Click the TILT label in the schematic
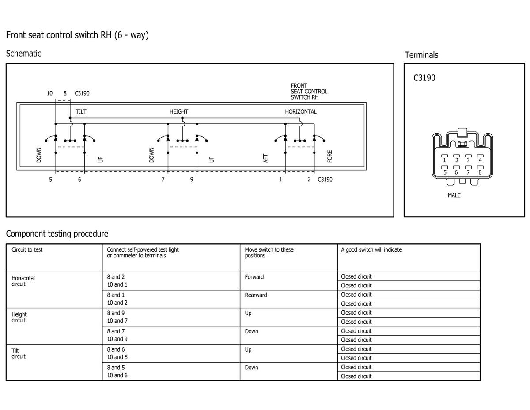click(x=81, y=112)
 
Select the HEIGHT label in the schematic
click(x=178, y=112)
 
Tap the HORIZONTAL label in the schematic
click(x=300, y=112)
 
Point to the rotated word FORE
click(x=330, y=157)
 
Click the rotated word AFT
click(x=266, y=158)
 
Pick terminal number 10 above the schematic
click(x=49, y=93)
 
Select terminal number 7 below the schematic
click(x=163, y=180)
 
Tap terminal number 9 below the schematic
click(x=192, y=180)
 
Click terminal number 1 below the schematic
click(x=280, y=180)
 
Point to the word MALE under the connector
click(x=454, y=195)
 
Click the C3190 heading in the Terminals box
click(x=424, y=78)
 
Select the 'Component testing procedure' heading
click(x=57, y=234)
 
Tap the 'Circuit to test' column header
click(x=27, y=250)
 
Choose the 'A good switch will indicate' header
click(x=371, y=250)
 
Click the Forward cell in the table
click(x=254, y=277)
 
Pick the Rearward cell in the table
click(x=256, y=295)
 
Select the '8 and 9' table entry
click(x=116, y=313)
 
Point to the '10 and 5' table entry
click(x=117, y=357)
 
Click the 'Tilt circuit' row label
click(x=19, y=353)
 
